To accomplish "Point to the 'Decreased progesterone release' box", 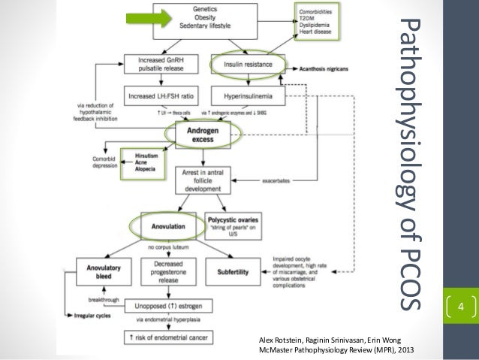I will tap(172, 273).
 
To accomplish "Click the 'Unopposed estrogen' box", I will tap(171, 306).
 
